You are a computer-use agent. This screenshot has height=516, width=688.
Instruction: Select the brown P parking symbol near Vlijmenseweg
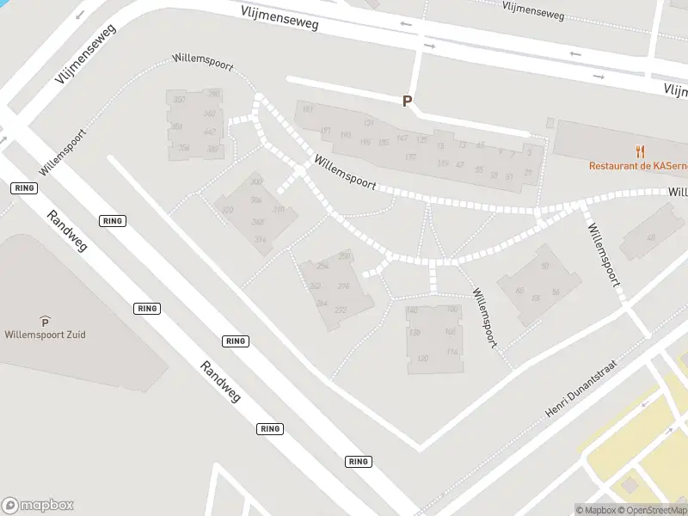[408, 101]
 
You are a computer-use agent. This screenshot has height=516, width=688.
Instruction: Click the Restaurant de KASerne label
[637, 166]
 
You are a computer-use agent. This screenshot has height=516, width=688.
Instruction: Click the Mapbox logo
[38, 506]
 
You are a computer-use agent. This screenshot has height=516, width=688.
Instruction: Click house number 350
[179, 101]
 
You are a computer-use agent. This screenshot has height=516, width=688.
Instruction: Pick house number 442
[209, 132]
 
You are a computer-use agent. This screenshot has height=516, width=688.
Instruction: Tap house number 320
[228, 211]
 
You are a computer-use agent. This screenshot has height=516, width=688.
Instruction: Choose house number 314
[261, 240]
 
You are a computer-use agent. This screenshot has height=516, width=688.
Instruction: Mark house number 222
[341, 310]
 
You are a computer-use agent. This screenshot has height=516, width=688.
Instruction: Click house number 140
[412, 310]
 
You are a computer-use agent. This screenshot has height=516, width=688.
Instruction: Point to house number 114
[451, 352]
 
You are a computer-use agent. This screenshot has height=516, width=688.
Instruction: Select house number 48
[651, 238]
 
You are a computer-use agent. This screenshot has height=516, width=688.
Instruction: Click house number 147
[402, 138]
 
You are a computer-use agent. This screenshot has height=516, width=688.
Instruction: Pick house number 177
[410, 157]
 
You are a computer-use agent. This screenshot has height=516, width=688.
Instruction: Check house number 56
[556, 292]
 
